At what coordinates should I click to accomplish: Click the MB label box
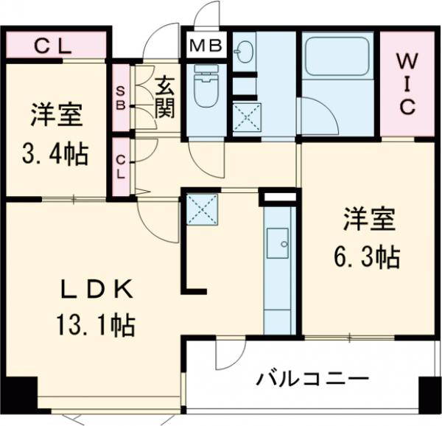[x=206, y=46]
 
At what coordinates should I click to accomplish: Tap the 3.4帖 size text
[x=55, y=155]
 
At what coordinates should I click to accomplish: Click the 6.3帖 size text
[x=368, y=256]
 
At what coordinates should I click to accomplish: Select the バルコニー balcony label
[x=312, y=380]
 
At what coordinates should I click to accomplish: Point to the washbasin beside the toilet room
[x=242, y=52]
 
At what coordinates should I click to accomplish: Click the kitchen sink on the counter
[x=278, y=242]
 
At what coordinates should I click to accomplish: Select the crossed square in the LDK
[x=201, y=209]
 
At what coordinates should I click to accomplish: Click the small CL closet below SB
[x=120, y=167]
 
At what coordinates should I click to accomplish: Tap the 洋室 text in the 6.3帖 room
[x=368, y=219]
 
